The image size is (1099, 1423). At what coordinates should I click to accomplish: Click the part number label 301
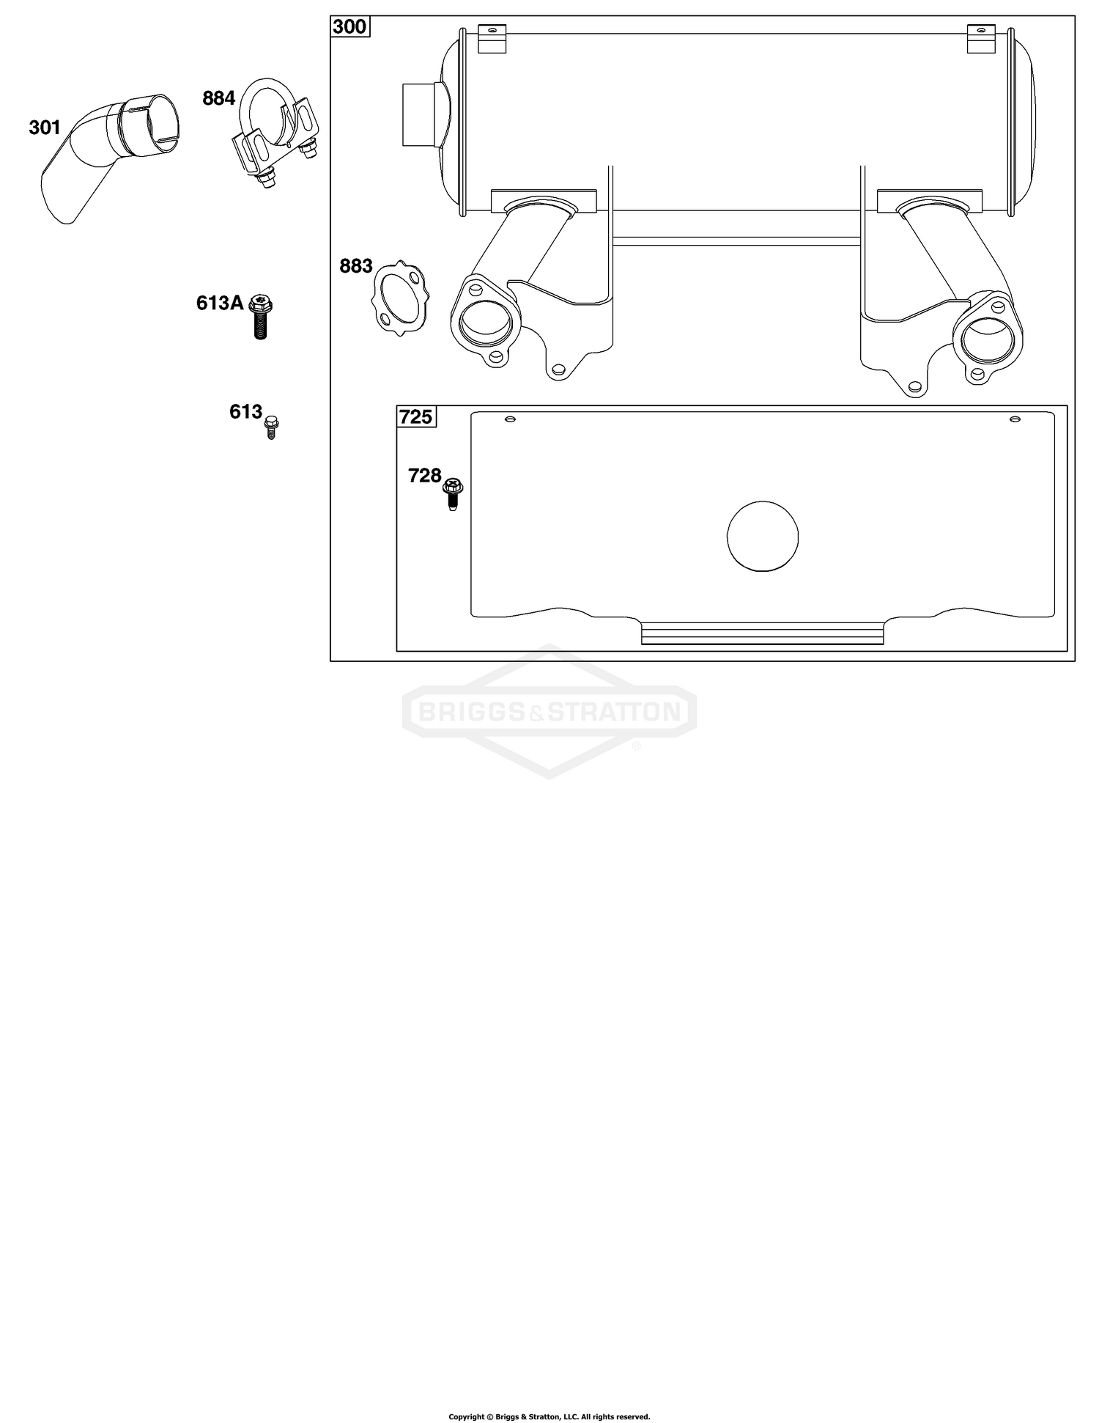[x=45, y=128]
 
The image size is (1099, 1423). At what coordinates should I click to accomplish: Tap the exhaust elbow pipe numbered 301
[x=110, y=157]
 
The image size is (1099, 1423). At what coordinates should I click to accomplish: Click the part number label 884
[x=218, y=98]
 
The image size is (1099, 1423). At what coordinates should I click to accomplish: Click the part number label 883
[x=356, y=266]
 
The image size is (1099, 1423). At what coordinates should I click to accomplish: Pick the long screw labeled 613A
[x=260, y=316]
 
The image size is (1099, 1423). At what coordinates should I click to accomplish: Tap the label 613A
[x=220, y=303]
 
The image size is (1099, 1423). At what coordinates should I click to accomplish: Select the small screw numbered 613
[x=272, y=426]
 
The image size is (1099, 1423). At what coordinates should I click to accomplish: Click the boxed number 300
[x=349, y=27]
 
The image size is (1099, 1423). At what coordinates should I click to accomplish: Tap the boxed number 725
[x=415, y=416]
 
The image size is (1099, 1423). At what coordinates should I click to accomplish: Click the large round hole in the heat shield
[x=763, y=536]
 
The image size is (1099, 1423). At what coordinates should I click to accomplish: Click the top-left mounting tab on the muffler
[x=492, y=38]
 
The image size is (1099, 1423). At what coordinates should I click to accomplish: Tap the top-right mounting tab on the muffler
[x=982, y=38]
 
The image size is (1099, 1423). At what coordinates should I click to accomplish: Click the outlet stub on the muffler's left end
[x=421, y=114]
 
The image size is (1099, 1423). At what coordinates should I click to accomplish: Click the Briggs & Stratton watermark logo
[x=549, y=711]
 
